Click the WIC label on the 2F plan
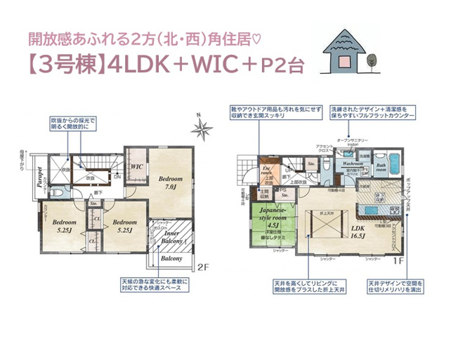[x=137, y=166]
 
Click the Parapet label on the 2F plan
[x=41, y=178]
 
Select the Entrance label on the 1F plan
[x=266, y=170]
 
